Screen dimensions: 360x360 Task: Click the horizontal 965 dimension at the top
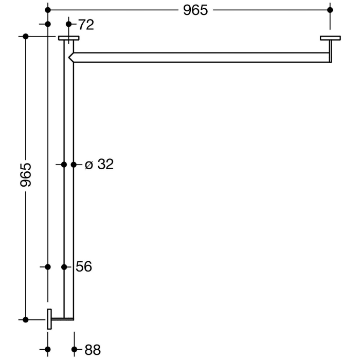pyautogui.click(x=195, y=10)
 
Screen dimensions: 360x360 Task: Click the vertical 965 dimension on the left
pyautogui.click(x=26, y=175)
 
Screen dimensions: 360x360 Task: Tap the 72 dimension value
pyautogui.click(x=86, y=24)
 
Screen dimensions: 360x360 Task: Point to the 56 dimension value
pyautogui.click(x=83, y=266)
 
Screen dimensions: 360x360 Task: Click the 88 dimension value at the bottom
pyautogui.click(x=92, y=350)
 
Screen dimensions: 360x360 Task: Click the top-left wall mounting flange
pyautogui.click(x=68, y=38)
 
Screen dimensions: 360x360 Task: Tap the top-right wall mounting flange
pyautogui.click(x=330, y=38)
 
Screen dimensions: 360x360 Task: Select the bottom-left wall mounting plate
pyautogui.click(x=49, y=319)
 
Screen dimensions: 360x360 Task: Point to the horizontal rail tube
pyautogui.click(x=201, y=57)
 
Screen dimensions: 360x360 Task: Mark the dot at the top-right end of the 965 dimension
pyautogui.click(x=330, y=10)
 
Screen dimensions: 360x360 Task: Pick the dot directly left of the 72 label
pyautogui.click(x=69, y=24)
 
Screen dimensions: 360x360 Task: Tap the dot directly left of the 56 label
pyautogui.click(x=64, y=267)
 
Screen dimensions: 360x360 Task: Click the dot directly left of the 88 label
pyautogui.click(x=74, y=350)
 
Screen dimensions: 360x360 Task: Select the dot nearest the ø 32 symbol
pyautogui.click(x=74, y=165)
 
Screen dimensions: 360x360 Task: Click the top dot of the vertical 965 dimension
pyautogui.click(x=25, y=36)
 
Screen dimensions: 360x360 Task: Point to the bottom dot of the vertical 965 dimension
pyautogui.click(x=25, y=319)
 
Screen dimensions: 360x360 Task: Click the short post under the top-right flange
pyautogui.click(x=330, y=51)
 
